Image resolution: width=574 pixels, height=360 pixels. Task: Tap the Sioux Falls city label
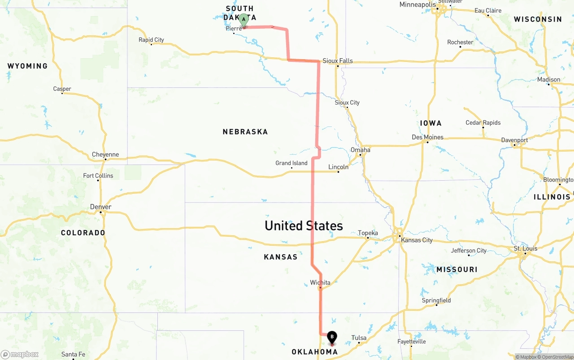[x=338, y=61]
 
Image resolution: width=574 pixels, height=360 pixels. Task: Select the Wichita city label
[x=320, y=282]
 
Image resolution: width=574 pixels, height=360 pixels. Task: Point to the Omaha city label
[x=361, y=150]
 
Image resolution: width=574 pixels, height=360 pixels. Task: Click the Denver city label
[x=100, y=207]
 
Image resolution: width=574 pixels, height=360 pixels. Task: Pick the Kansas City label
[x=417, y=240]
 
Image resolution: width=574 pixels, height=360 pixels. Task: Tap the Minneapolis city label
[x=417, y=5]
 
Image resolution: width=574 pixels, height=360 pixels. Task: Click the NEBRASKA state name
[x=245, y=132]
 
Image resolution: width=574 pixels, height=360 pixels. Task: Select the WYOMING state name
[x=27, y=66]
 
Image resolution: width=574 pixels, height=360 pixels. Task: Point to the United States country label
[x=304, y=226]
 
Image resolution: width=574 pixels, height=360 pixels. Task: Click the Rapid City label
[x=151, y=40]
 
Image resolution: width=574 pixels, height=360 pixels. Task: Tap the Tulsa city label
[x=359, y=338]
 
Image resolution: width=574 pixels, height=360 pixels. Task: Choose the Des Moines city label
[x=427, y=137]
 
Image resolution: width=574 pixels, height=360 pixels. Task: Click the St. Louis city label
[x=526, y=248]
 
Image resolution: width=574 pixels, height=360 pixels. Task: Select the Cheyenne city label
[x=105, y=155]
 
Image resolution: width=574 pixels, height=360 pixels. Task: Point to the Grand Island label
[x=291, y=163]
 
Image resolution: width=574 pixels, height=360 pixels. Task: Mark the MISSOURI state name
[x=457, y=269]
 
